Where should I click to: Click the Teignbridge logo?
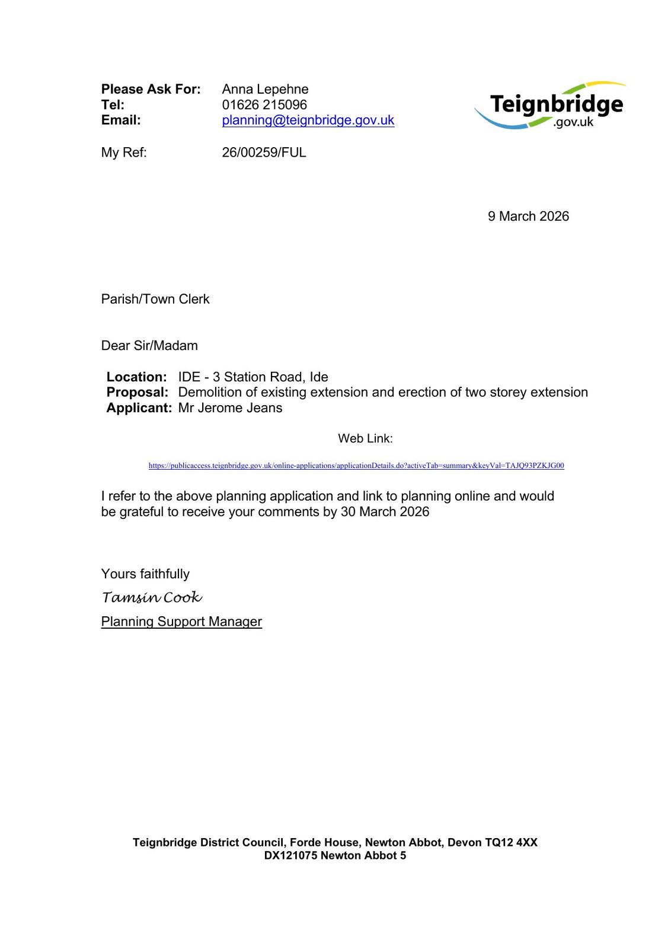click(550, 106)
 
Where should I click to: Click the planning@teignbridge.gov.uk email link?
click(308, 120)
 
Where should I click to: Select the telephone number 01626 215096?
click(264, 105)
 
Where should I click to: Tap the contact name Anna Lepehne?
click(265, 90)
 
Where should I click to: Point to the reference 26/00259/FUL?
click(264, 152)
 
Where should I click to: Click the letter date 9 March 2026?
click(528, 216)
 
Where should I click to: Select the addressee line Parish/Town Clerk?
click(155, 299)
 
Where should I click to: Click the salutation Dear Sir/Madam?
click(149, 346)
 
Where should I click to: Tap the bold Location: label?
click(136, 377)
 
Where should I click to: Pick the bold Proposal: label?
click(137, 393)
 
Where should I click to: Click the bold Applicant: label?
click(139, 408)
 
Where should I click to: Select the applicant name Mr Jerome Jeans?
click(230, 408)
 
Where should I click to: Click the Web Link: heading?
click(365, 439)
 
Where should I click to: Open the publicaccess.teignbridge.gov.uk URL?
click(356, 466)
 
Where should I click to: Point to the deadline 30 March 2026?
click(385, 512)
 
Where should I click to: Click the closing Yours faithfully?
click(145, 574)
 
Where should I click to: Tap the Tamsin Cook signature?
click(152, 597)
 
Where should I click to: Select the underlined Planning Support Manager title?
click(181, 622)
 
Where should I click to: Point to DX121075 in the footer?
click(290, 856)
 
